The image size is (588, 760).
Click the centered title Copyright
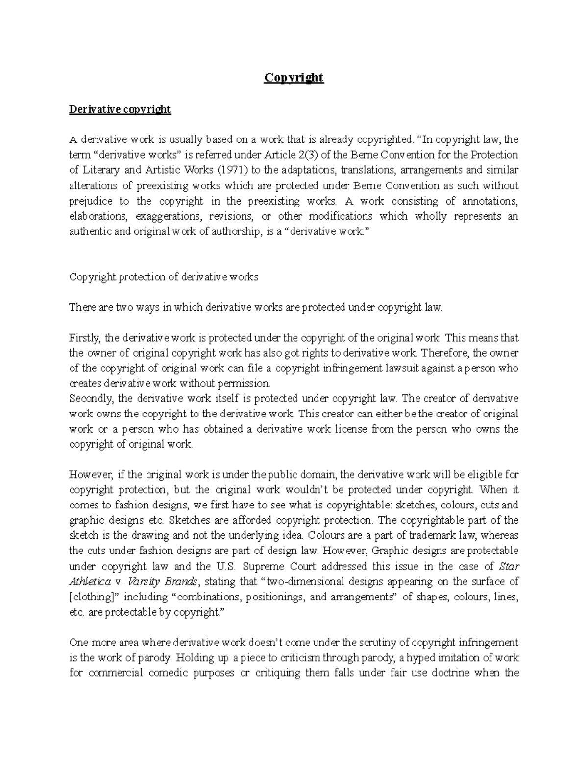click(x=294, y=78)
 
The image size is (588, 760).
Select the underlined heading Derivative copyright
click(x=120, y=109)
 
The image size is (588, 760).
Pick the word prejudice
click(x=91, y=201)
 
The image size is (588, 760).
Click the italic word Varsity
click(x=142, y=582)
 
